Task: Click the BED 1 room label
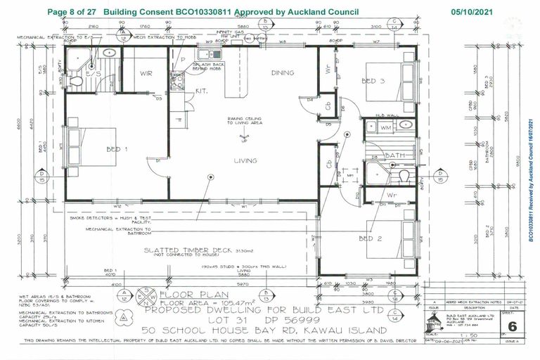[117, 149]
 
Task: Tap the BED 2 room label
[370, 238]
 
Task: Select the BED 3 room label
[373, 81]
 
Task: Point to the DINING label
[283, 73]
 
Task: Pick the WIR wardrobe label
[146, 72]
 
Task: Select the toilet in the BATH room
[404, 176]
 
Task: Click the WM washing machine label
[385, 128]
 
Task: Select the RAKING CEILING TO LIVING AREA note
[244, 122]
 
